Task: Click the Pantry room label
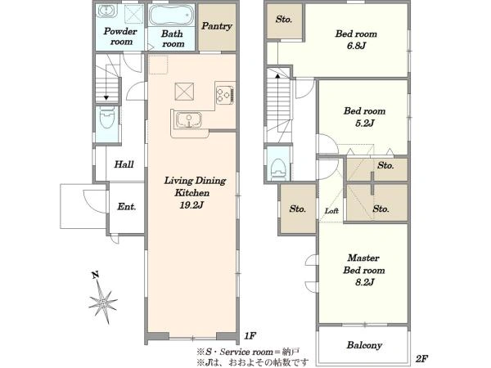coord(217,26)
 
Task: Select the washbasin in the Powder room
coord(107,11)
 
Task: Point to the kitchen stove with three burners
coord(225,93)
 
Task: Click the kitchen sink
coord(188,120)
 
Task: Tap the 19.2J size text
coord(192,205)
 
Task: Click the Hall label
coord(124,164)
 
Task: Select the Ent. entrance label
coord(127,207)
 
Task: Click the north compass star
coord(103,302)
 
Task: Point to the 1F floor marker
coord(250,336)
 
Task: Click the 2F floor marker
coord(421,359)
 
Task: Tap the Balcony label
coord(364,345)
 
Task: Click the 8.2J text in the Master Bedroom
coord(364,282)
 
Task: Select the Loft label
coord(331,211)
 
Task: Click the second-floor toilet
coord(278,169)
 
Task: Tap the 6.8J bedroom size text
coord(356,46)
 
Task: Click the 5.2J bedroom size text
coord(364,123)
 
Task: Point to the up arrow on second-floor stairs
coord(277,75)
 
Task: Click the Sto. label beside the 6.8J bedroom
coord(284,20)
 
